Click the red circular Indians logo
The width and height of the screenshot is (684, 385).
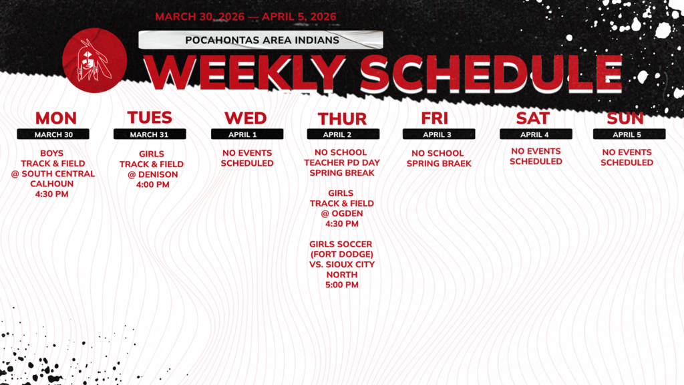[94, 60]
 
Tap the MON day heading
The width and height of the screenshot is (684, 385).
[56, 118]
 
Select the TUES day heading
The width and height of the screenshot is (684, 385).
[150, 118]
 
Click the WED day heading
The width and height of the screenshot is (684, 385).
[246, 118]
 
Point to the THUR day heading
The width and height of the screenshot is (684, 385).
[342, 119]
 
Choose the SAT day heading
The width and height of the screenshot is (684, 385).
[533, 118]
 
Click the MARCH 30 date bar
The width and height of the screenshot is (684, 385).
[53, 134]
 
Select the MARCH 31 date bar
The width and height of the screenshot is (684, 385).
[150, 134]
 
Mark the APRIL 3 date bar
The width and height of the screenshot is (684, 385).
[438, 134]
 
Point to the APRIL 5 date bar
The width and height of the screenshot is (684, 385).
[629, 134]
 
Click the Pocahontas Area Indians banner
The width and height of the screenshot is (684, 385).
[261, 39]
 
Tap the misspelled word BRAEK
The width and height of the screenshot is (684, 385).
[457, 164]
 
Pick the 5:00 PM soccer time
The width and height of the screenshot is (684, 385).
[342, 285]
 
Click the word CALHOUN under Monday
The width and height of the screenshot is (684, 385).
[52, 184]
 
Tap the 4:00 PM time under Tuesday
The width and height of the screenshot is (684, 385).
[152, 184]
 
